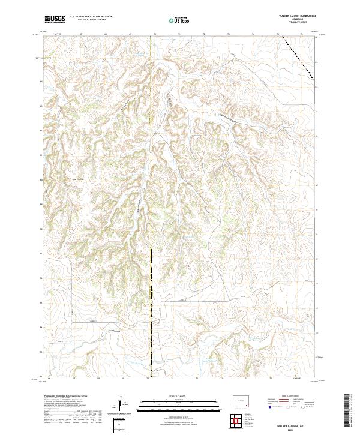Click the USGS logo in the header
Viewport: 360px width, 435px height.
click(55, 19)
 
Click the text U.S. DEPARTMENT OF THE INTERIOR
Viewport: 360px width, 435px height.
click(91, 17)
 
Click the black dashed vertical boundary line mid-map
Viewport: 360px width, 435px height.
click(151, 210)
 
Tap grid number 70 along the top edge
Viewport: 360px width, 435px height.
click(154, 35)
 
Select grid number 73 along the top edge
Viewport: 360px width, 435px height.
click(229, 35)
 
